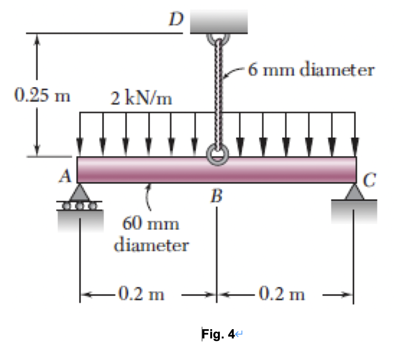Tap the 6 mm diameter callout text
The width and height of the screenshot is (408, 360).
pyautogui.click(x=311, y=70)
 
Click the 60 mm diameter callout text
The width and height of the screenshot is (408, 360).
pyautogui.click(x=151, y=234)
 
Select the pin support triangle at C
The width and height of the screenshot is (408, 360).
pyautogui.click(x=355, y=191)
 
